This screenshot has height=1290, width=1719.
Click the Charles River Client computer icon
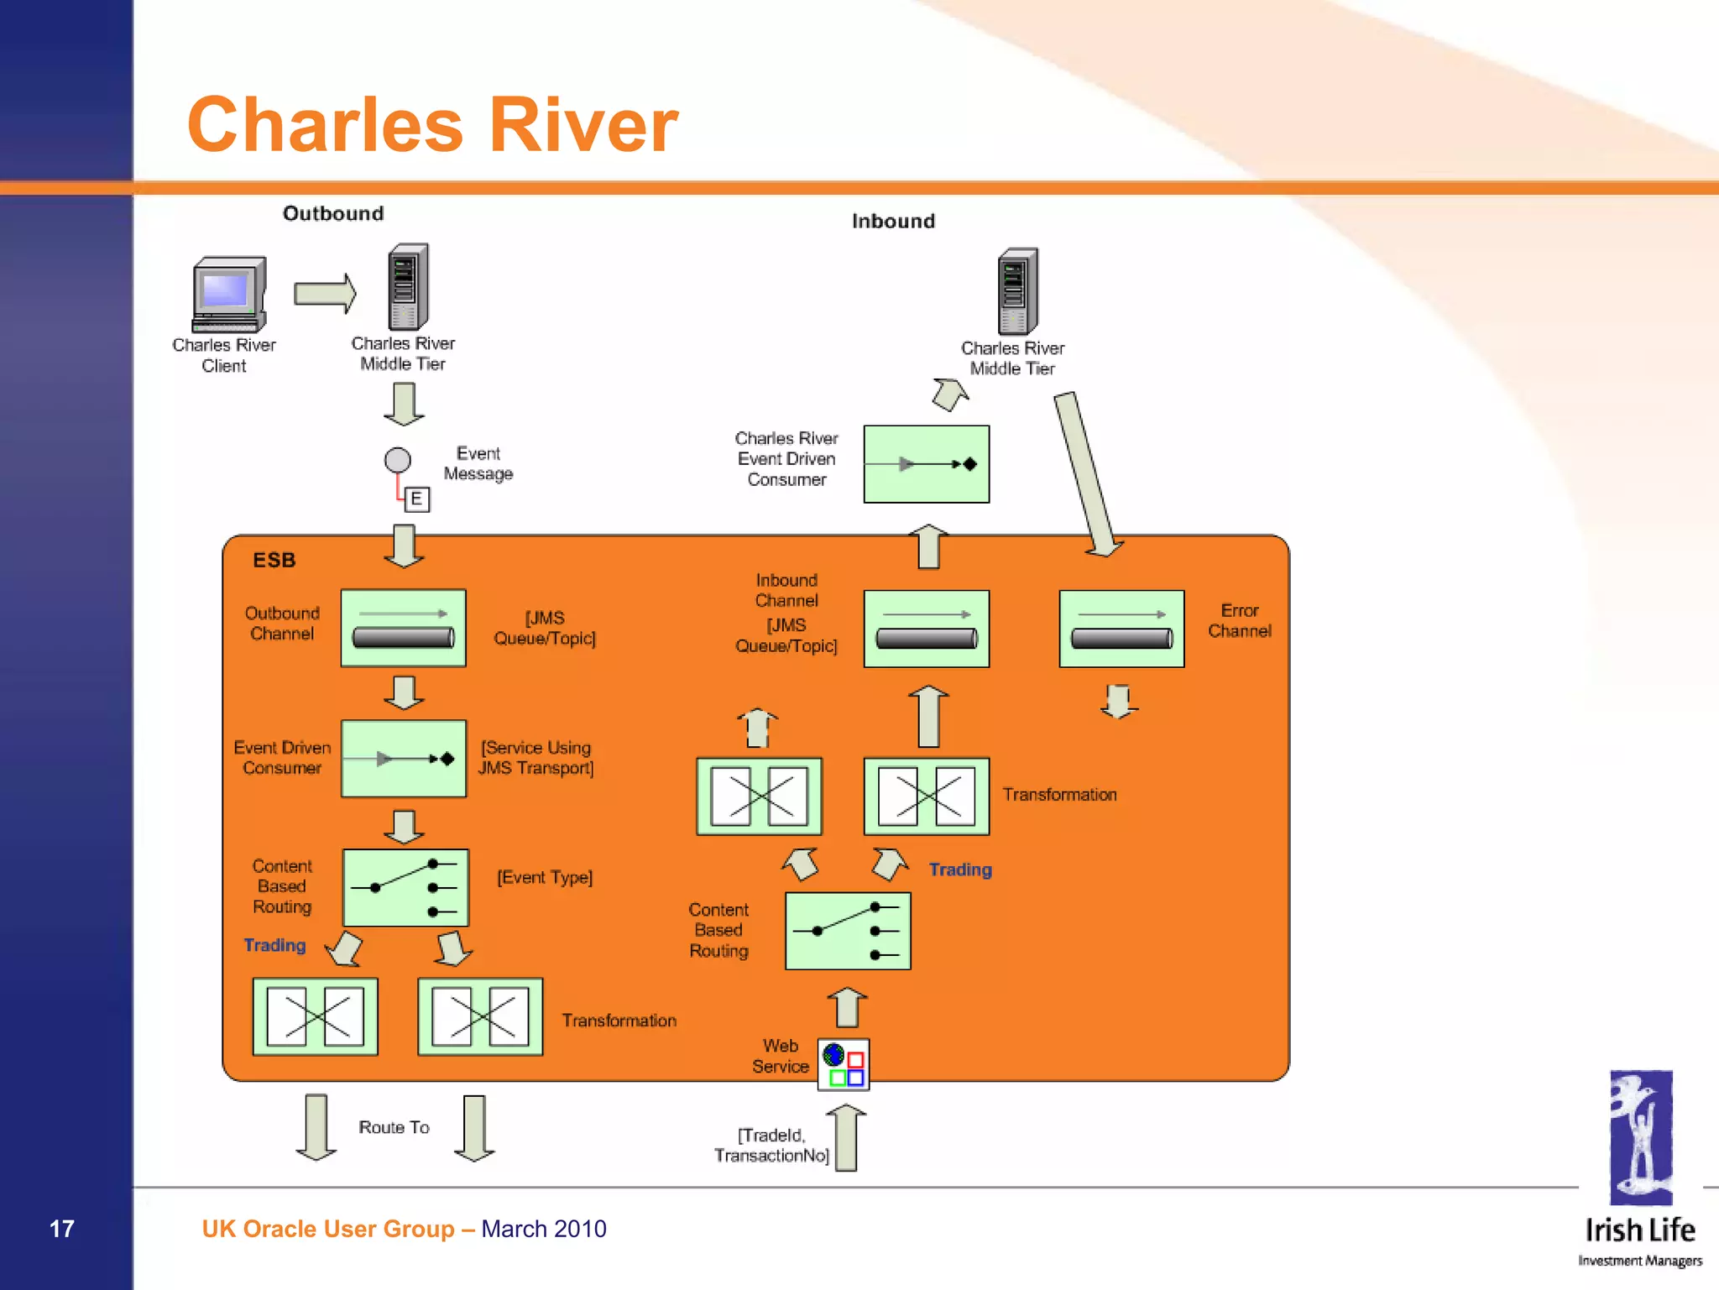[x=229, y=295]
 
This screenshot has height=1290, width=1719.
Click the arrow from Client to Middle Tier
[x=325, y=294]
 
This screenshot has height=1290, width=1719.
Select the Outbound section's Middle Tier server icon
[x=408, y=288]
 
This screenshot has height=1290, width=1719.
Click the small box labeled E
[x=416, y=499]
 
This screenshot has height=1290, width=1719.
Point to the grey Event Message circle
[x=397, y=460]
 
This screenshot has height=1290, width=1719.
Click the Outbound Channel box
[x=403, y=628]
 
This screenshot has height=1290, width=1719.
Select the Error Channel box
[x=1121, y=629]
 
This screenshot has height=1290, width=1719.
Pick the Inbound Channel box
[x=926, y=629]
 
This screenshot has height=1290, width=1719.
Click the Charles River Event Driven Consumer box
[x=926, y=464]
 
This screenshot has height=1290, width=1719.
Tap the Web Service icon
[x=844, y=1065]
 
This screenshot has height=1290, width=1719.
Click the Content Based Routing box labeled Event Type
[x=405, y=887]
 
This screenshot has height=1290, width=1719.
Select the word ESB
[x=274, y=560]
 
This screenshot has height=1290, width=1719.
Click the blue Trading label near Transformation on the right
[x=959, y=870]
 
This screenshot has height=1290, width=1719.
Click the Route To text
[x=394, y=1127]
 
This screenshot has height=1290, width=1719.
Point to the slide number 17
[x=62, y=1229]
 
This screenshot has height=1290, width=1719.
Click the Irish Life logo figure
[x=1640, y=1137]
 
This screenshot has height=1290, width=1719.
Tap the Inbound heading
[x=893, y=221]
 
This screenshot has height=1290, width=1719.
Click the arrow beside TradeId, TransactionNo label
[x=846, y=1138]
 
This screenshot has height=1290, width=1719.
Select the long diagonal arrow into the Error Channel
[x=1087, y=474]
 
